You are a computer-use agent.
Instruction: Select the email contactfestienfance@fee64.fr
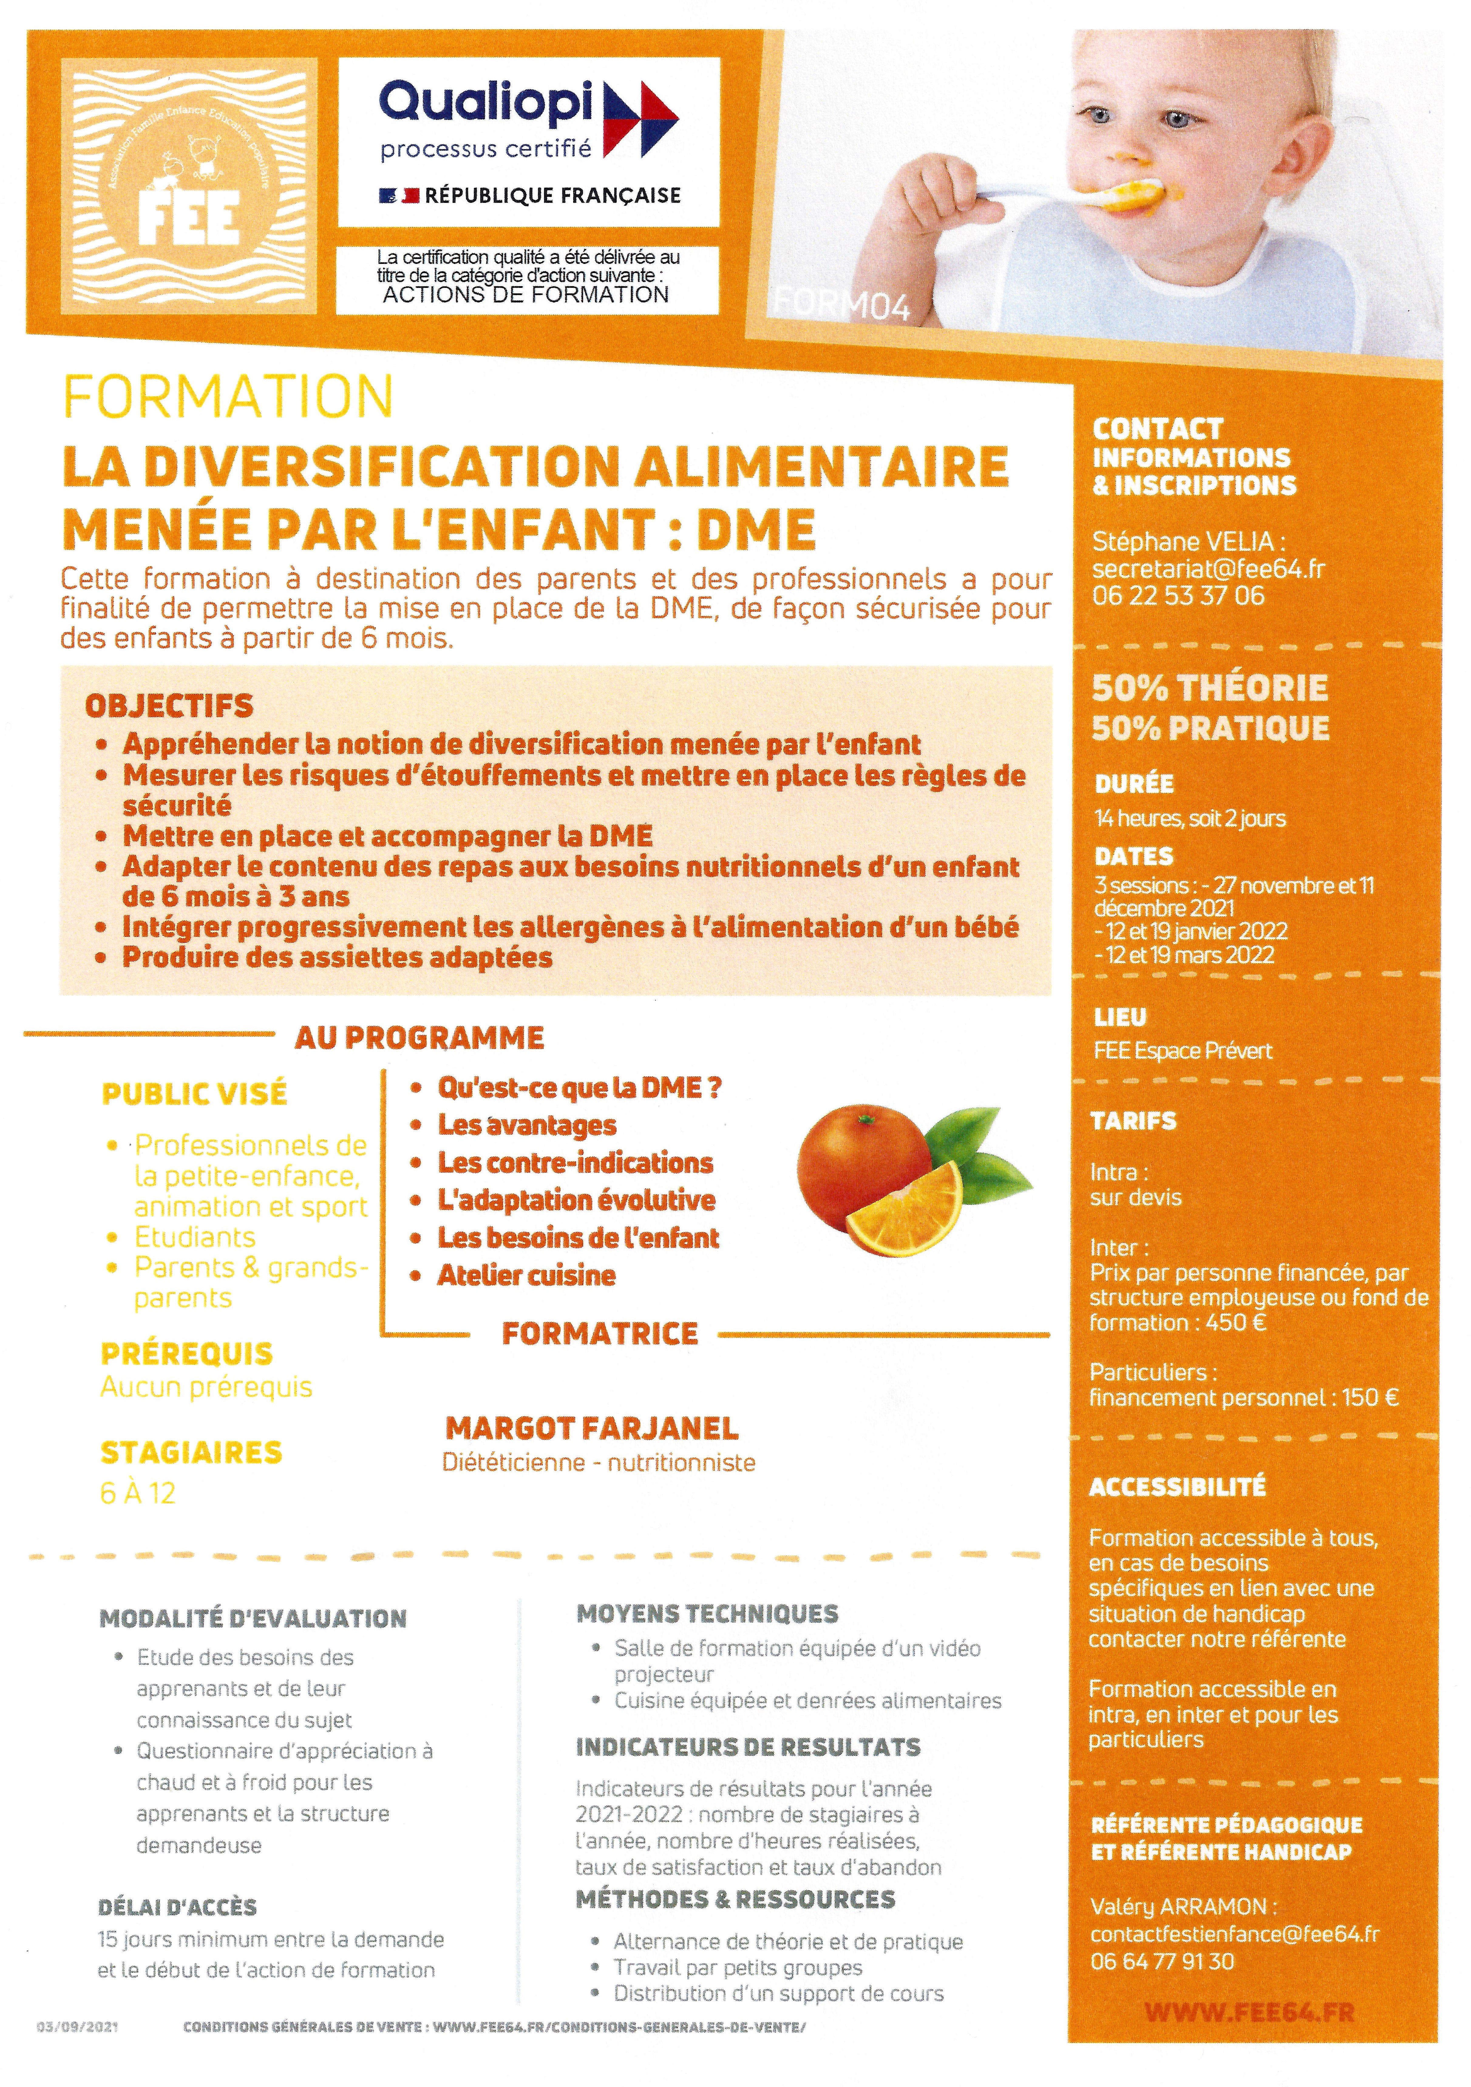click(x=1234, y=1933)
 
